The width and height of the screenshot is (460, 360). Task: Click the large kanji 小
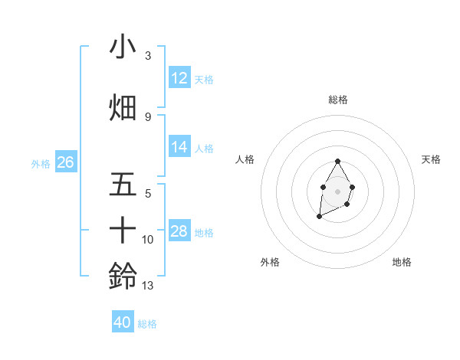tap(123, 48)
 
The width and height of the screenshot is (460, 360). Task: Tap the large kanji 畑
tap(123, 108)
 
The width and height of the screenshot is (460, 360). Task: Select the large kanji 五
tap(123, 186)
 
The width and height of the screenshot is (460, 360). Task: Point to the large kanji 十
tap(123, 230)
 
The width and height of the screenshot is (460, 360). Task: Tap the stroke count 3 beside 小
tap(147, 56)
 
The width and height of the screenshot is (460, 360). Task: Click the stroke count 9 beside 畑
tap(147, 116)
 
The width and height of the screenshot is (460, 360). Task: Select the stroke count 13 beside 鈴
tap(149, 286)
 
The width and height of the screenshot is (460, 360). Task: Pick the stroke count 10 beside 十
tap(149, 240)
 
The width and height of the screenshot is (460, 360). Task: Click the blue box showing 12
tap(179, 78)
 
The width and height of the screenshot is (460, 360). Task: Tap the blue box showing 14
tap(179, 147)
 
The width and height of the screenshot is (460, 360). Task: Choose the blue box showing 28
tap(179, 231)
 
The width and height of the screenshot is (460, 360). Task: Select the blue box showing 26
tap(66, 162)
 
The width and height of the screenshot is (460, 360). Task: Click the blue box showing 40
tap(123, 322)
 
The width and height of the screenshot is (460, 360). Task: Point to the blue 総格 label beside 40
tap(147, 324)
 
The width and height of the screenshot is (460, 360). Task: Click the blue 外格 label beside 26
tap(41, 163)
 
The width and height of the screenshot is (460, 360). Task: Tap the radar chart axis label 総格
tap(337, 100)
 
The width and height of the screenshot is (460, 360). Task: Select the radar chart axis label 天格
tap(431, 159)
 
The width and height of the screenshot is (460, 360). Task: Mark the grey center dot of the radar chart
tap(337, 190)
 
